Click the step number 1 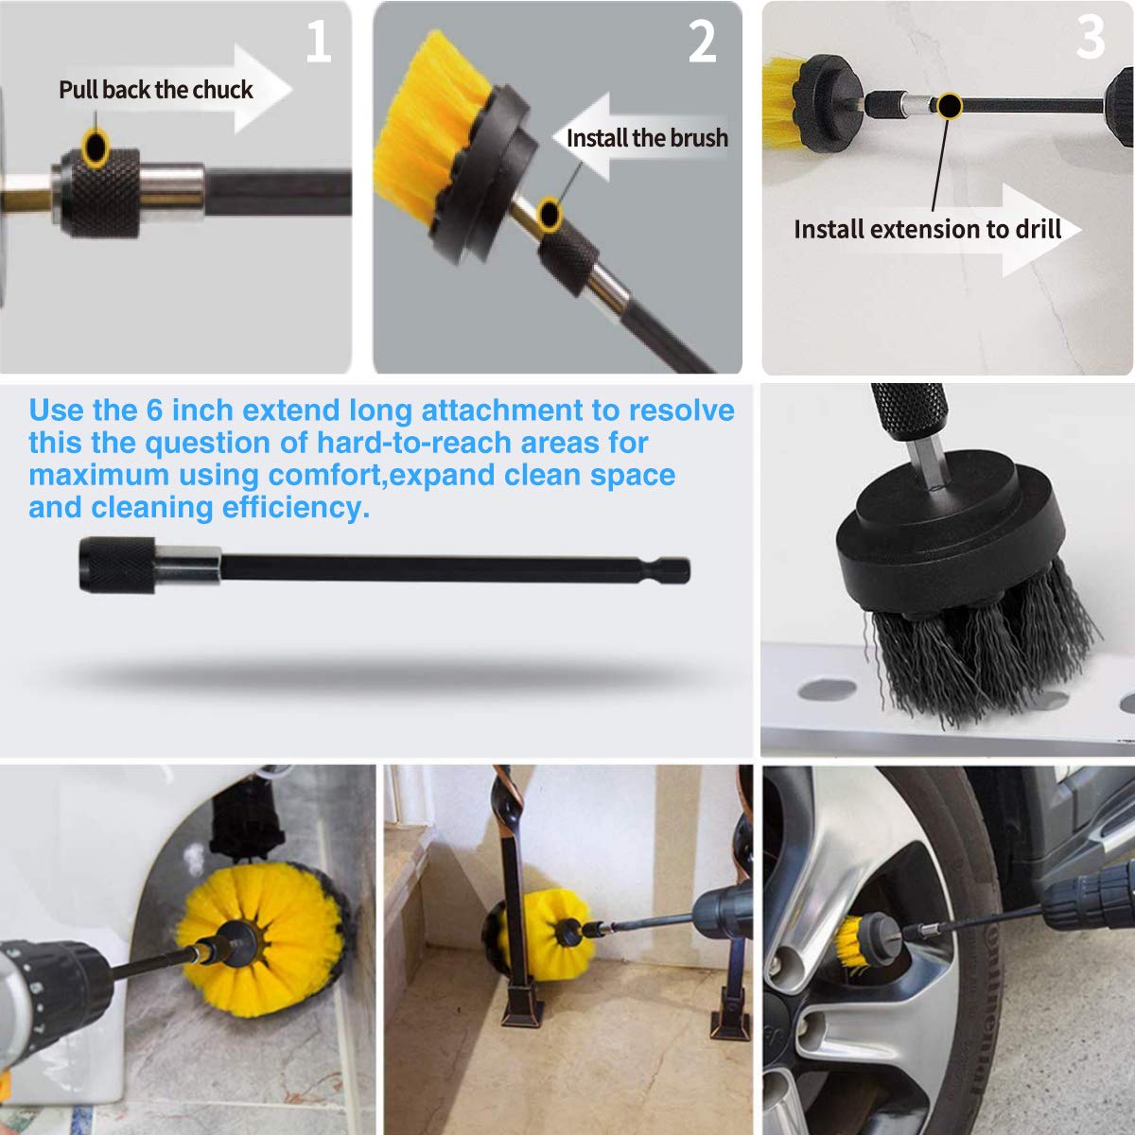point(319,43)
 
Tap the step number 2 point(702,43)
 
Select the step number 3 point(1091,38)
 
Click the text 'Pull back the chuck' point(156,90)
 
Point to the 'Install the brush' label point(647,138)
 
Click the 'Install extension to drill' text point(927,230)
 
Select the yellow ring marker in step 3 point(948,105)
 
